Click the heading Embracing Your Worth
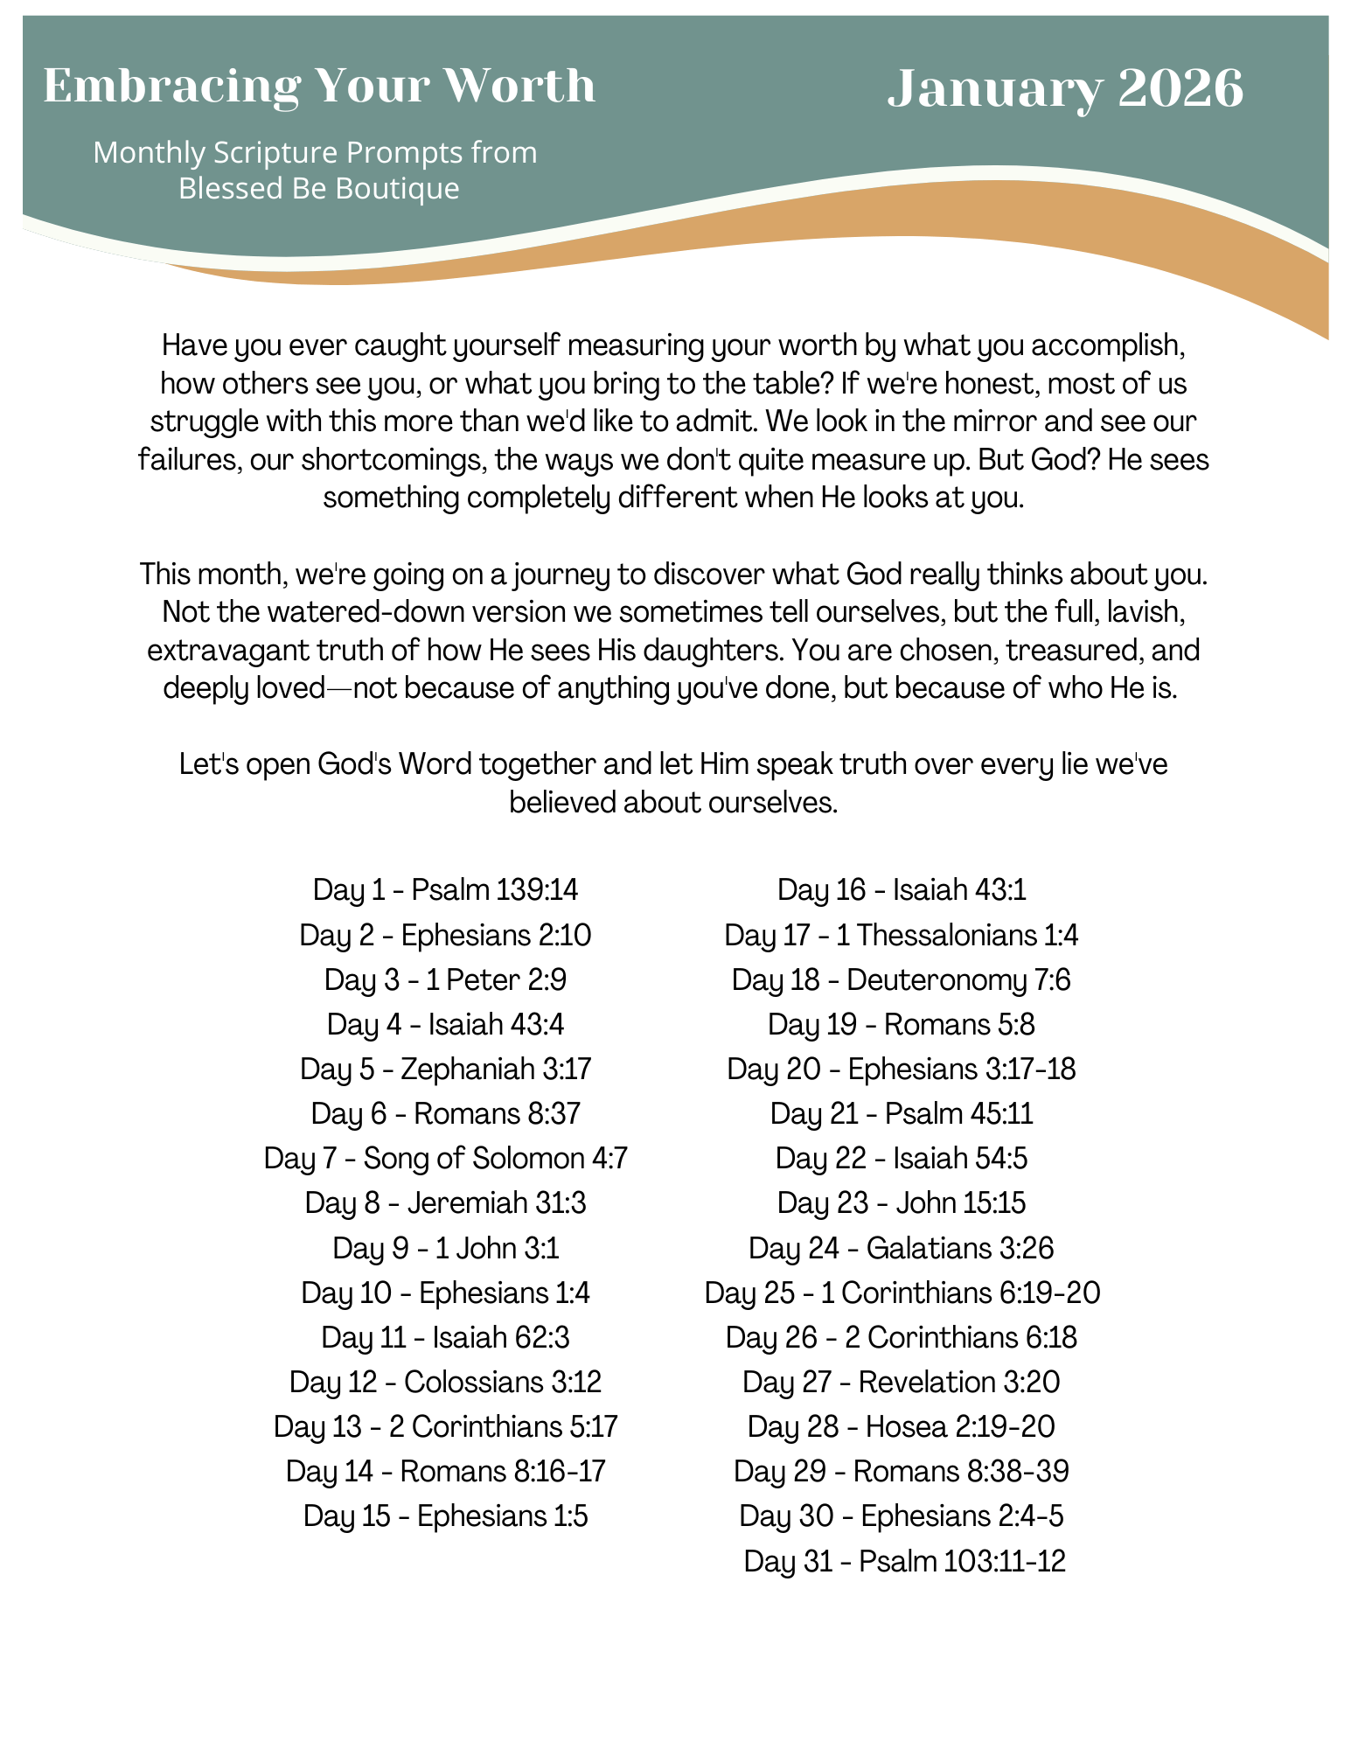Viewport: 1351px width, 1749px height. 319,86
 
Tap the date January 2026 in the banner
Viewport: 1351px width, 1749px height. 1065,89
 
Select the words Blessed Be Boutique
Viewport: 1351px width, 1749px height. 319,188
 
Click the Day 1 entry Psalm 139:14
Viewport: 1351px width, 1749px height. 445,890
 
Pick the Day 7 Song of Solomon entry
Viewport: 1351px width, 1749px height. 445,1159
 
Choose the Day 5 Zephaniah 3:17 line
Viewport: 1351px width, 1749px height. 445,1069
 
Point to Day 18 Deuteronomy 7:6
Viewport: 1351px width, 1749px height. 901,979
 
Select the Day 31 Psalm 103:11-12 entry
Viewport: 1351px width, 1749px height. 904,1561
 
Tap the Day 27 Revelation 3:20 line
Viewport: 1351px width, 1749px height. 901,1382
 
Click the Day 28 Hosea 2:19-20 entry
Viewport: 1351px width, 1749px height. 901,1426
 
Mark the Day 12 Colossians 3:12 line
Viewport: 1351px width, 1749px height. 445,1382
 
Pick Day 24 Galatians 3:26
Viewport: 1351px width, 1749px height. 901,1248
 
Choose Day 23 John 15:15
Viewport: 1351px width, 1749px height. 901,1203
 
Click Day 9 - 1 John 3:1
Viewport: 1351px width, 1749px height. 445,1248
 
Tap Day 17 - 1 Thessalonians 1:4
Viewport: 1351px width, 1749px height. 901,936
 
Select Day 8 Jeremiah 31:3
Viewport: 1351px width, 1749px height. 445,1203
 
